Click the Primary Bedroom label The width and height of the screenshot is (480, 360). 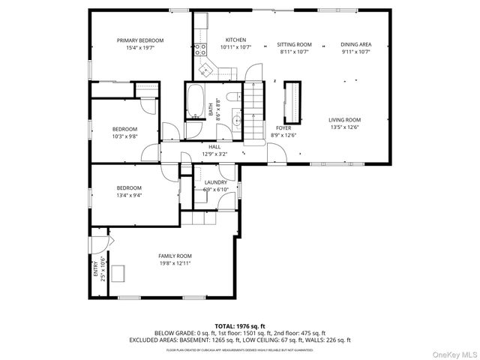click(x=139, y=40)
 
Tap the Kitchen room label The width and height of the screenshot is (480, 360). click(x=235, y=40)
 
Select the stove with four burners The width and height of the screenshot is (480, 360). click(x=200, y=50)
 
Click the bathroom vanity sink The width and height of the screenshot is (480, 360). click(x=236, y=118)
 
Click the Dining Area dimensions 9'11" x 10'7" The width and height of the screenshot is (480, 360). click(x=355, y=51)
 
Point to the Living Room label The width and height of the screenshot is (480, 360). click(x=344, y=120)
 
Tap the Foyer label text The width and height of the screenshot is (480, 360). click(x=283, y=128)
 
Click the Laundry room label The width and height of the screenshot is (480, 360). click(x=215, y=182)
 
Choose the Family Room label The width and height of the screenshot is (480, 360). click(x=175, y=256)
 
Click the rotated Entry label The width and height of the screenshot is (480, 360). click(x=95, y=267)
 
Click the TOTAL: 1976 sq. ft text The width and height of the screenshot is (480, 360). click(x=239, y=325)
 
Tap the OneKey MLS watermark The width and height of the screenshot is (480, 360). click(x=451, y=352)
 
